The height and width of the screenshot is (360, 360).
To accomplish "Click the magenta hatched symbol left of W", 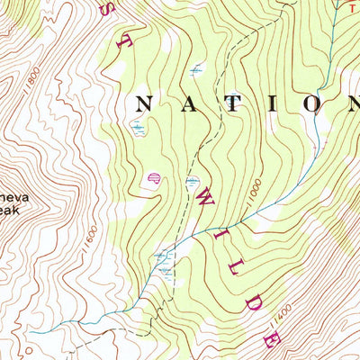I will point(153,177).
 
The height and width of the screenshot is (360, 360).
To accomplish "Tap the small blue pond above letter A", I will point(197,68).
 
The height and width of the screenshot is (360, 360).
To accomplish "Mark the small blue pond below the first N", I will point(138,129).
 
